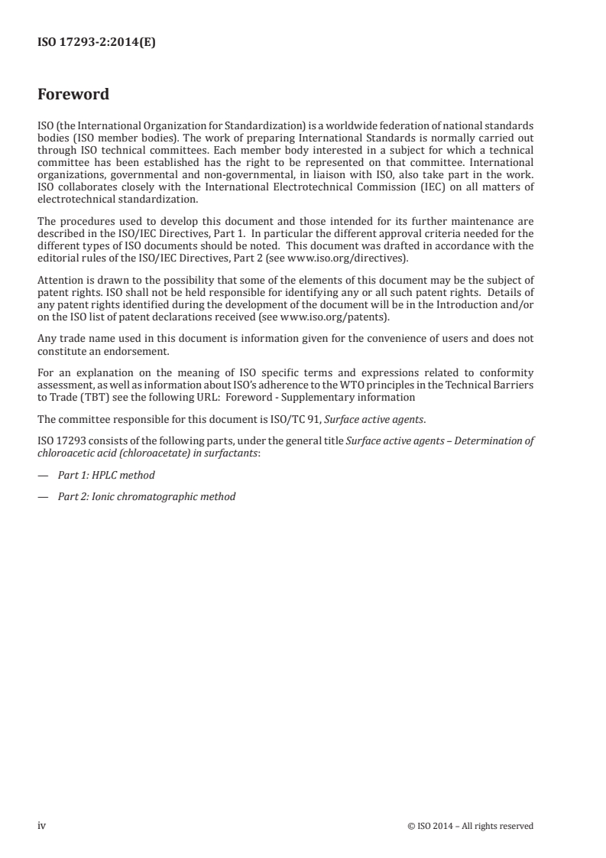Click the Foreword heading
pos(73,96)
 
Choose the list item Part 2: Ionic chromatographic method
pos(147,496)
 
